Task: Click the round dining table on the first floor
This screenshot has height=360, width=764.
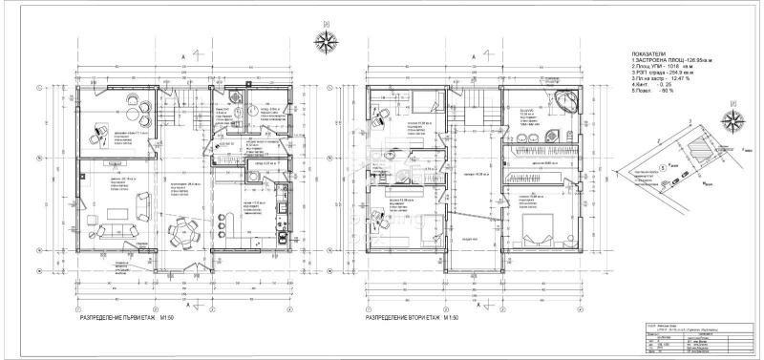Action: point(182,230)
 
